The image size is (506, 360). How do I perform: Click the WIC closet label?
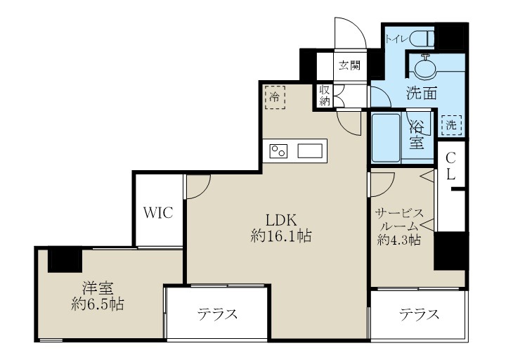[159, 213]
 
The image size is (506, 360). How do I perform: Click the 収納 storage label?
[325, 96]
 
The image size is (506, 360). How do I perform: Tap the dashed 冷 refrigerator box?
[275, 97]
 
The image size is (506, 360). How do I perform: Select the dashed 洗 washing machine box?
[450, 125]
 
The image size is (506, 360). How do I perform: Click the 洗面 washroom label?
[422, 93]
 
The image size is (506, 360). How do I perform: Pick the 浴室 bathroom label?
[417, 135]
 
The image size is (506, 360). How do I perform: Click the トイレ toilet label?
[394, 39]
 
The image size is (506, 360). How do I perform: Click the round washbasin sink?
[426, 68]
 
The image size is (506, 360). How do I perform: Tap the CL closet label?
[452, 166]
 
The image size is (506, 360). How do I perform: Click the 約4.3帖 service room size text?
[398, 240]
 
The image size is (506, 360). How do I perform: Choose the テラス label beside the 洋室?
[216, 314]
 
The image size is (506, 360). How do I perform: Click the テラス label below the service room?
[420, 314]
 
